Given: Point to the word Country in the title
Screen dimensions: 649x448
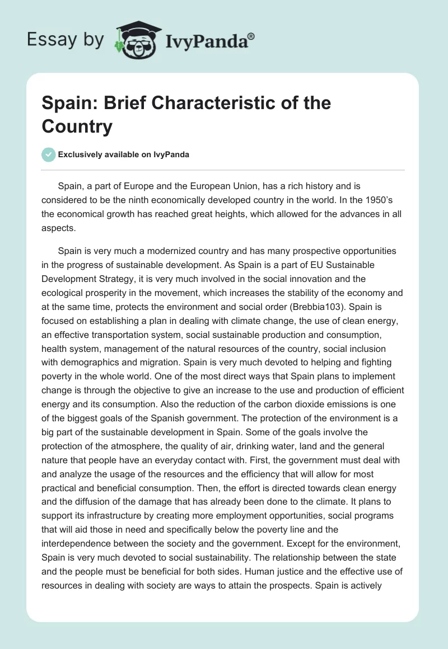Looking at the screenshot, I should click(77, 126).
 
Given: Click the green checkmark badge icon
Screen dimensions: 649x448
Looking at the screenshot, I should click(49, 155).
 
